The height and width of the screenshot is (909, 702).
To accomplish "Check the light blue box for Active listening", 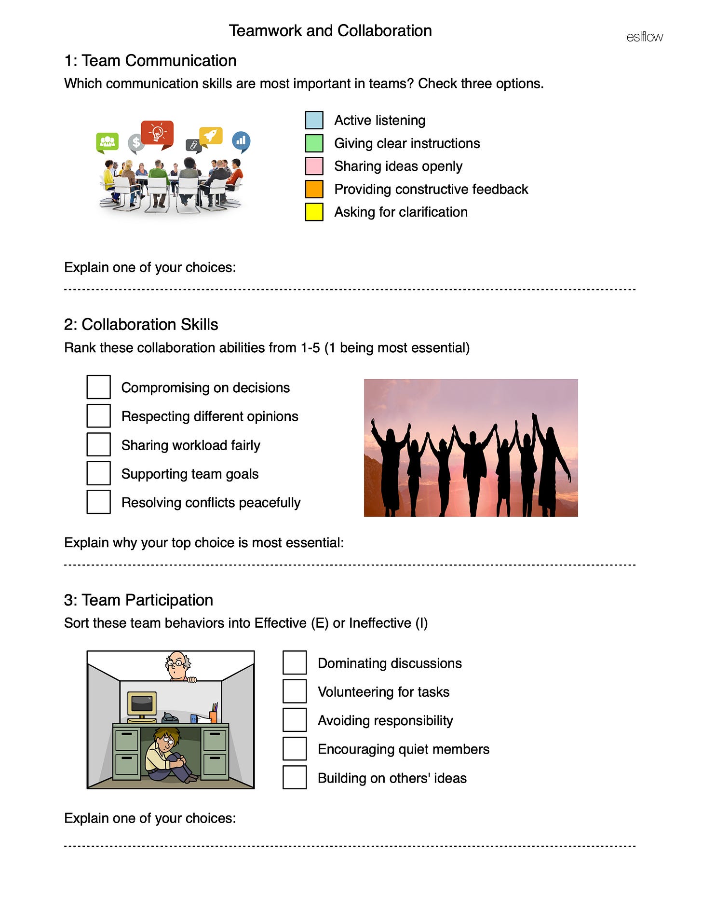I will point(314,120).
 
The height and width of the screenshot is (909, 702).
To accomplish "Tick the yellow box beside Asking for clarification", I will point(314,212).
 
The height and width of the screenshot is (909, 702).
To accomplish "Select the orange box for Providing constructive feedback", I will point(314,189).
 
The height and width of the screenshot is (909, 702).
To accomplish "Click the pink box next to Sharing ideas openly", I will point(314,166).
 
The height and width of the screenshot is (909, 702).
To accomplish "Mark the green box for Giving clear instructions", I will point(314,143).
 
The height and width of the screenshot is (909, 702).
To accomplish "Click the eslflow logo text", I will point(644,37).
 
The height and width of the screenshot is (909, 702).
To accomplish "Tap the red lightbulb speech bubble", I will point(157,133).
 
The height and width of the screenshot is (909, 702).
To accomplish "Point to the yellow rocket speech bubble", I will point(211,136).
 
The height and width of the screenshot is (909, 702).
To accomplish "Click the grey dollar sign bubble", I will point(136,143).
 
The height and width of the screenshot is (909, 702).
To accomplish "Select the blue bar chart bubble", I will point(241,141).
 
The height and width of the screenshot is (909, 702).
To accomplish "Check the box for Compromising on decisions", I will point(98,387).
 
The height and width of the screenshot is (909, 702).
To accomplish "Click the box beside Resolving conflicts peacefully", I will point(98,502).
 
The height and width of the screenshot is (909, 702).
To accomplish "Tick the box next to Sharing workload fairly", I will point(98,444).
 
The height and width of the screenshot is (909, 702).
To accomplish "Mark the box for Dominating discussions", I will point(295,662).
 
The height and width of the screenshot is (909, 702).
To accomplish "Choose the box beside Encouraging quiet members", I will point(295,749).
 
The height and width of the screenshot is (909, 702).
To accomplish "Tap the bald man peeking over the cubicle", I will point(177,666).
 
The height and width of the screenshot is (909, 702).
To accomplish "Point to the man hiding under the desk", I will point(166,755).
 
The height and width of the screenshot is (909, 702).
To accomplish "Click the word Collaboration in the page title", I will point(384,31).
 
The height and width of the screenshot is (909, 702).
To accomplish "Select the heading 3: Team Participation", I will point(138,600).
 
